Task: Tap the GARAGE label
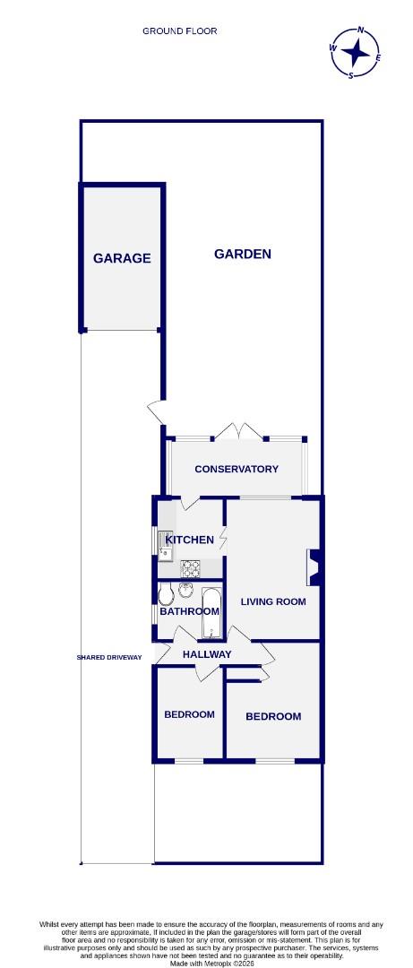(122, 258)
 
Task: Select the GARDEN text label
(242, 254)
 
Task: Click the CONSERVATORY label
(237, 469)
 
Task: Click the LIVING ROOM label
(273, 601)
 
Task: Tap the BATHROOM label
(189, 611)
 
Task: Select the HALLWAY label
(207, 654)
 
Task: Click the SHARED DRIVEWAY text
(109, 657)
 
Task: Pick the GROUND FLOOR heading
(179, 30)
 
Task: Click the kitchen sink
(165, 541)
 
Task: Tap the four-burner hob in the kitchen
(191, 567)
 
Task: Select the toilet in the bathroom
(165, 593)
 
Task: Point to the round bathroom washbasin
(186, 590)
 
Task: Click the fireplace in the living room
(313, 566)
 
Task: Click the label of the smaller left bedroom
(189, 714)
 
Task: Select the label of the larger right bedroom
(273, 716)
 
